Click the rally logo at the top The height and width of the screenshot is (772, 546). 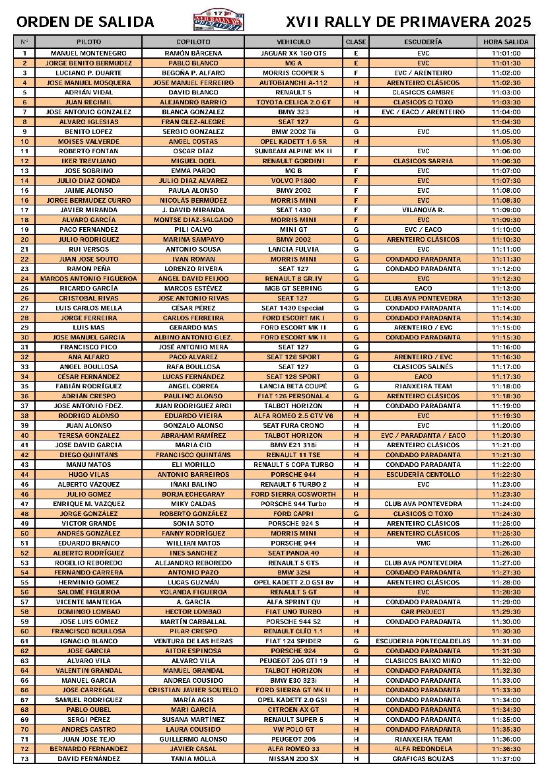click(218, 21)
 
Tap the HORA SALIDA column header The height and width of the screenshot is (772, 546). click(506, 42)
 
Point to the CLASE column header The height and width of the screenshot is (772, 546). click(356, 42)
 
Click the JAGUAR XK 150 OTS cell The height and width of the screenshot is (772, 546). click(293, 53)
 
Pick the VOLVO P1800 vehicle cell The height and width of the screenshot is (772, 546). click(293, 180)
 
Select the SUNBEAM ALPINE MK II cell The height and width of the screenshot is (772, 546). click(293, 151)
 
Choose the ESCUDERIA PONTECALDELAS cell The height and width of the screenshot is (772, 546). click(423, 641)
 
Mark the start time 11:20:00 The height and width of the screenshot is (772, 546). click(506, 425)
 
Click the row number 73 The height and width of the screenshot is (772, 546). click(24, 759)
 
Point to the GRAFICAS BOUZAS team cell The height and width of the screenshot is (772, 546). click(423, 759)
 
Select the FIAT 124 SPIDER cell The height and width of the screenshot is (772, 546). click(293, 641)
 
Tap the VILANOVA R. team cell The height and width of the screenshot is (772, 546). click(423, 209)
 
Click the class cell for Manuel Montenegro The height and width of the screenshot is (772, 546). click(356, 53)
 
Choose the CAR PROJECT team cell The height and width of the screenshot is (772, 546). click(423, 612)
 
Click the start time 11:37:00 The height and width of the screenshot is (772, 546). click(506, 759)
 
